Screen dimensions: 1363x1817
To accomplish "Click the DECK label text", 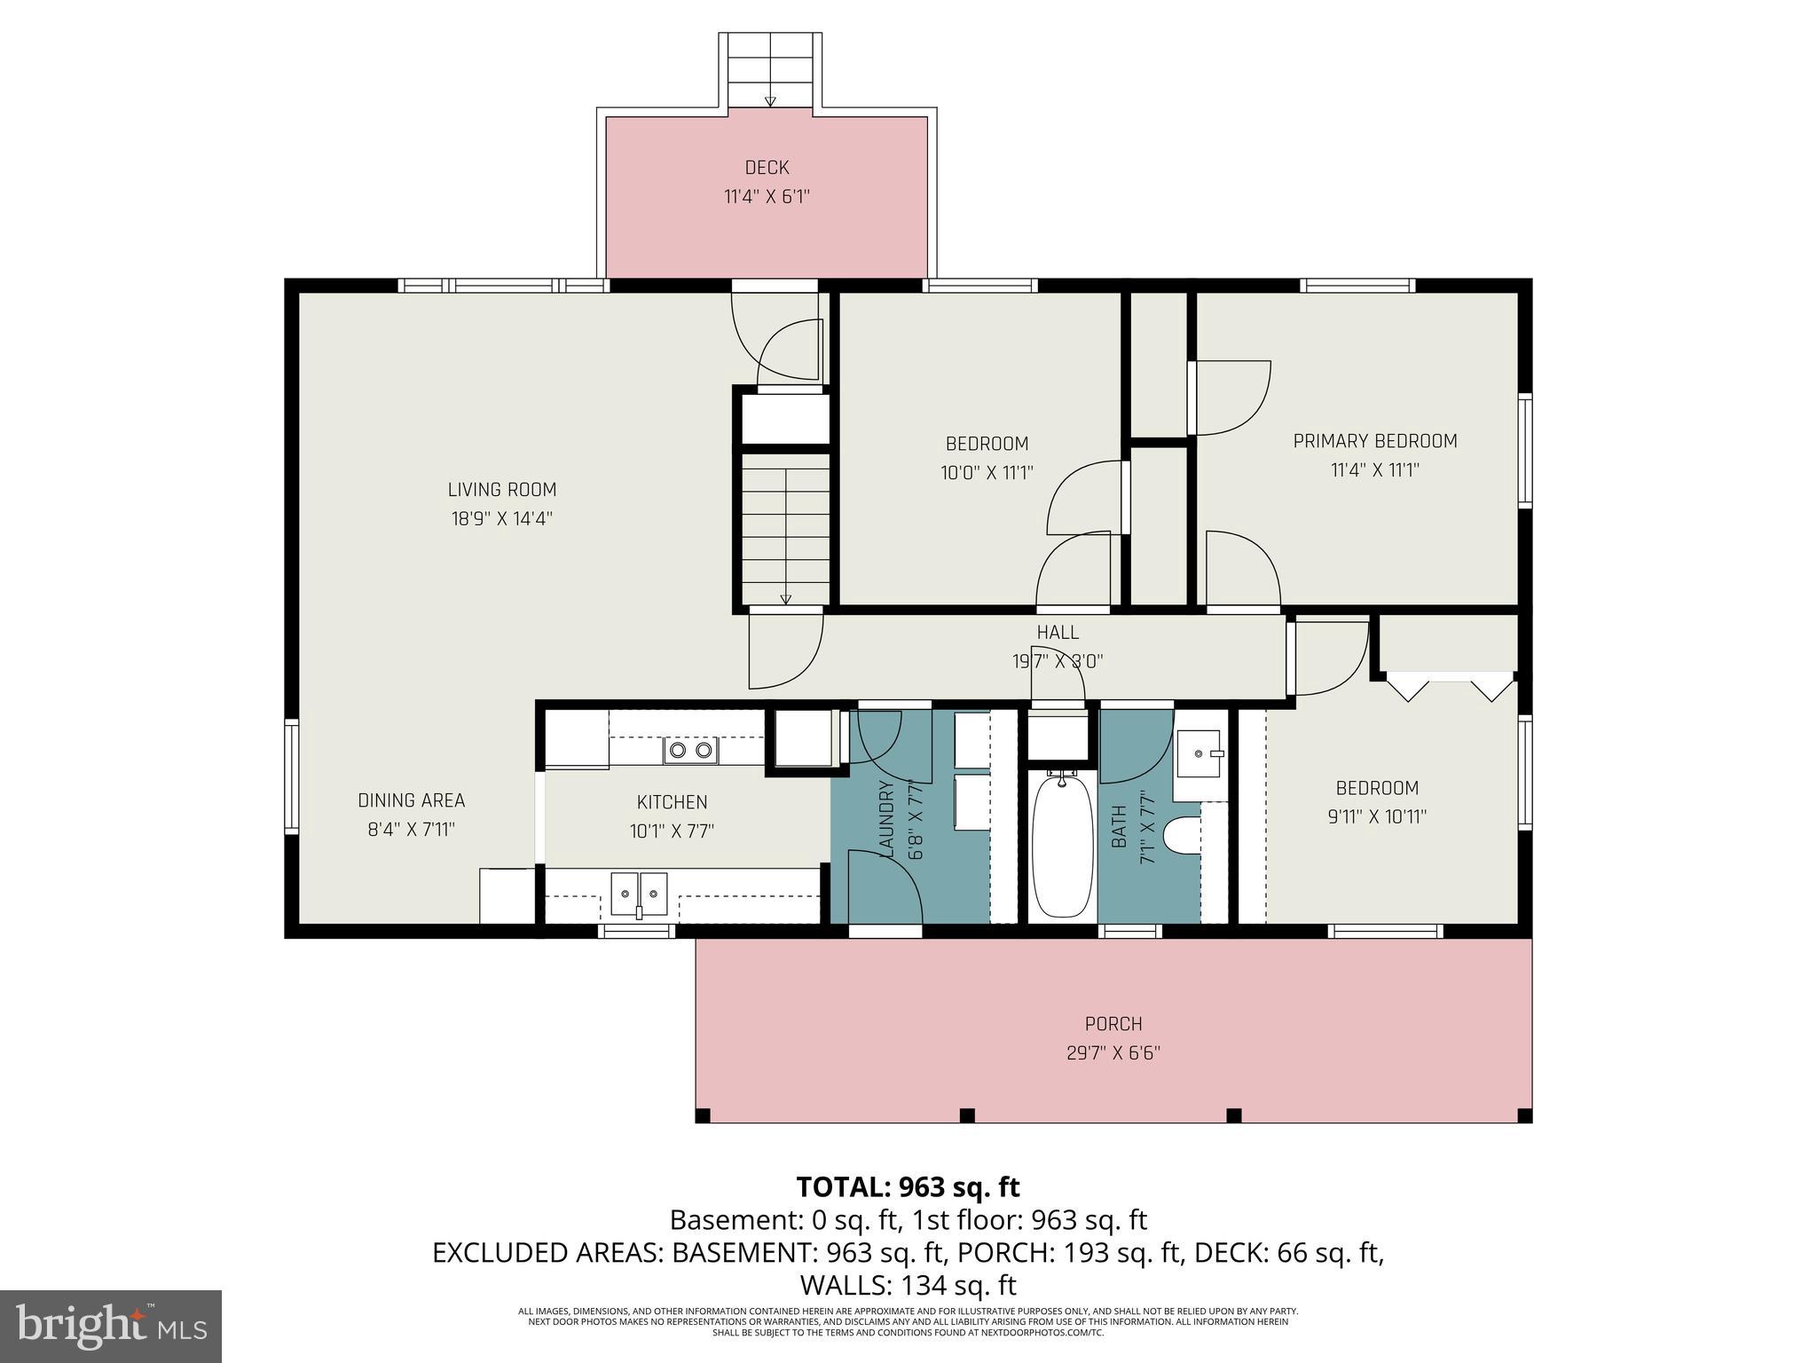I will [767, 168].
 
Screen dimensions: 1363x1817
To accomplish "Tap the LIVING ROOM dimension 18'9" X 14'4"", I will [501, 518].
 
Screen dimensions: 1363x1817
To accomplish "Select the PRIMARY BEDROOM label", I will [1374, 441].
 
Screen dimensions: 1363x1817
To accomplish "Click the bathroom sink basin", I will [1199, 753].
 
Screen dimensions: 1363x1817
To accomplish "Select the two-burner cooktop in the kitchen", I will [690, 751].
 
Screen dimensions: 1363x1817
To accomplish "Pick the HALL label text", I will [1058, 633].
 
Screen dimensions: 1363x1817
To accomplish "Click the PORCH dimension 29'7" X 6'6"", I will [1113, 1053].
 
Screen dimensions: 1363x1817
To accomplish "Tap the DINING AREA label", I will [411, 800].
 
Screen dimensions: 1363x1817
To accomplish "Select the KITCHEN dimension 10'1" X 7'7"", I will [672, 831].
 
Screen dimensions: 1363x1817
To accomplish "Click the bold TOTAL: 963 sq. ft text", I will [908, 1187].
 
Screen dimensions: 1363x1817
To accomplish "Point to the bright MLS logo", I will [111, 1326].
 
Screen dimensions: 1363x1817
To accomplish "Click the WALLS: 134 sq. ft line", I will [908, 1285].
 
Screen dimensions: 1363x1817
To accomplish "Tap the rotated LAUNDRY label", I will [886, 818].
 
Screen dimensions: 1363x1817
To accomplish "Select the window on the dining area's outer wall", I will [290, 776].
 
